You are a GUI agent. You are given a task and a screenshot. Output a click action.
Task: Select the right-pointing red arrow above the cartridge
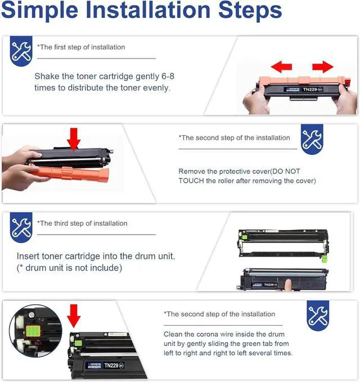click(x=322, y=67)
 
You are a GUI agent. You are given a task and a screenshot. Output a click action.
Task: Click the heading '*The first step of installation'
click(x=81, y=47)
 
